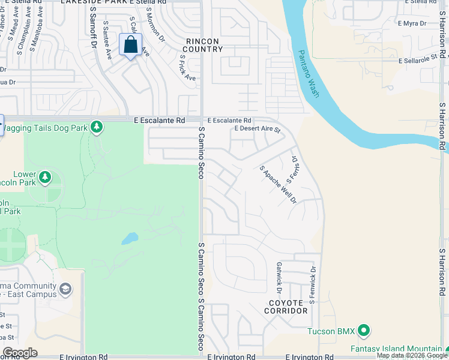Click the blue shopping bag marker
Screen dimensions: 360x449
tap(131, 45)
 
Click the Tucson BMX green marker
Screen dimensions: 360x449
tap(363, 331)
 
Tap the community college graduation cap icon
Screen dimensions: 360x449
tap(65, 290)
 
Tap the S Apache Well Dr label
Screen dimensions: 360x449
tap(278, 184)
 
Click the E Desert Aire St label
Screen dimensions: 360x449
tap(258, 129)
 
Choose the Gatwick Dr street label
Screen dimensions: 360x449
tap(279, 274)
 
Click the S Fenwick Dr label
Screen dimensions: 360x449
tap(313, 281)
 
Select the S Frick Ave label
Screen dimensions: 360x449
tap(187, 68)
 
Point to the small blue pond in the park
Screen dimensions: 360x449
tap(129, 239)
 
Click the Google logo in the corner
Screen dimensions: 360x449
tap(20, 353)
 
